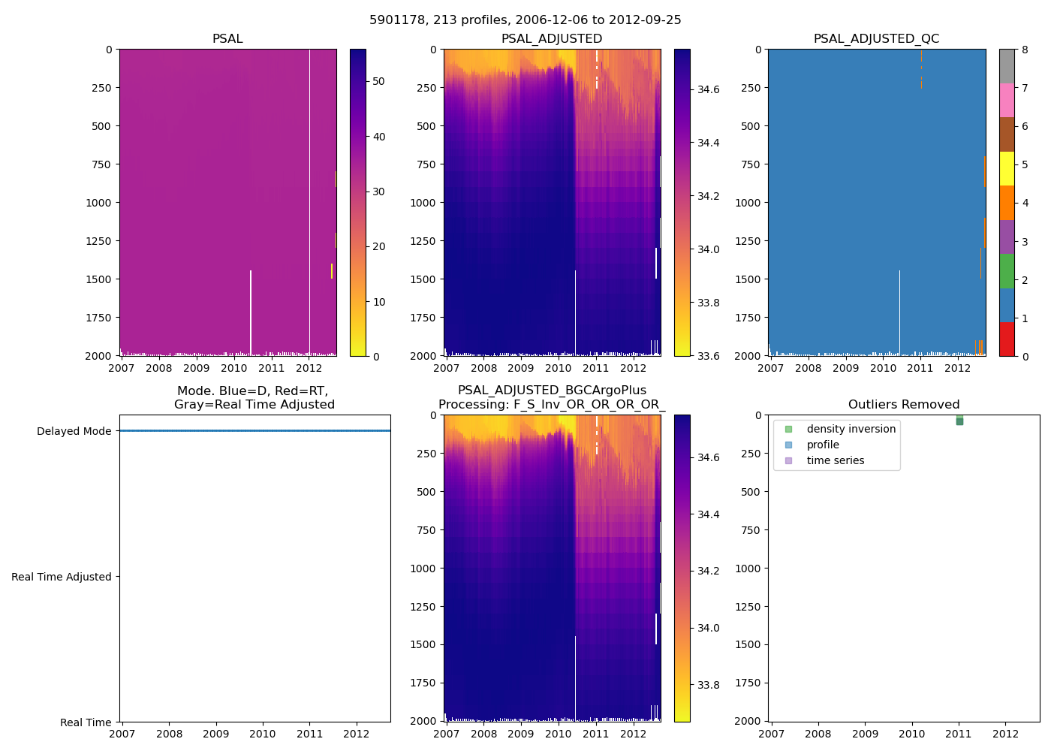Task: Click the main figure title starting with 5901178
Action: point(525,20)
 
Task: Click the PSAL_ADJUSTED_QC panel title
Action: point(876,39)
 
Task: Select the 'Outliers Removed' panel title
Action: point(903,405)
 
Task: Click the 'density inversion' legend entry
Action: point(851,429)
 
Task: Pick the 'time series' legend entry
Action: point(835,460)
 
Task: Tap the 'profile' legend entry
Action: point(822,445)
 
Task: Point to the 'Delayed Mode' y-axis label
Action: point(74,431)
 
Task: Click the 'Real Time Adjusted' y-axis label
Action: point(62,577)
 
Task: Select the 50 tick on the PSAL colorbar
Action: point(379,81)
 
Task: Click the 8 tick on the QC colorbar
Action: point(1025,50)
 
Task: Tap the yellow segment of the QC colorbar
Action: point(1007,168)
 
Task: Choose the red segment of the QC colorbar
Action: point(1007,339)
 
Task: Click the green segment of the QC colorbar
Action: point(1007,271)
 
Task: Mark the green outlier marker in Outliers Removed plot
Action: point(959,421)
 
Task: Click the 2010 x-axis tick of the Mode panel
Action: point(263,734)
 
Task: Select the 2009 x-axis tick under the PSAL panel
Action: point(197,368)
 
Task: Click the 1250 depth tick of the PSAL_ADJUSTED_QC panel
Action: point(750,241)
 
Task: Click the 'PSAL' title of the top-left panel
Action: point(227,39)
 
